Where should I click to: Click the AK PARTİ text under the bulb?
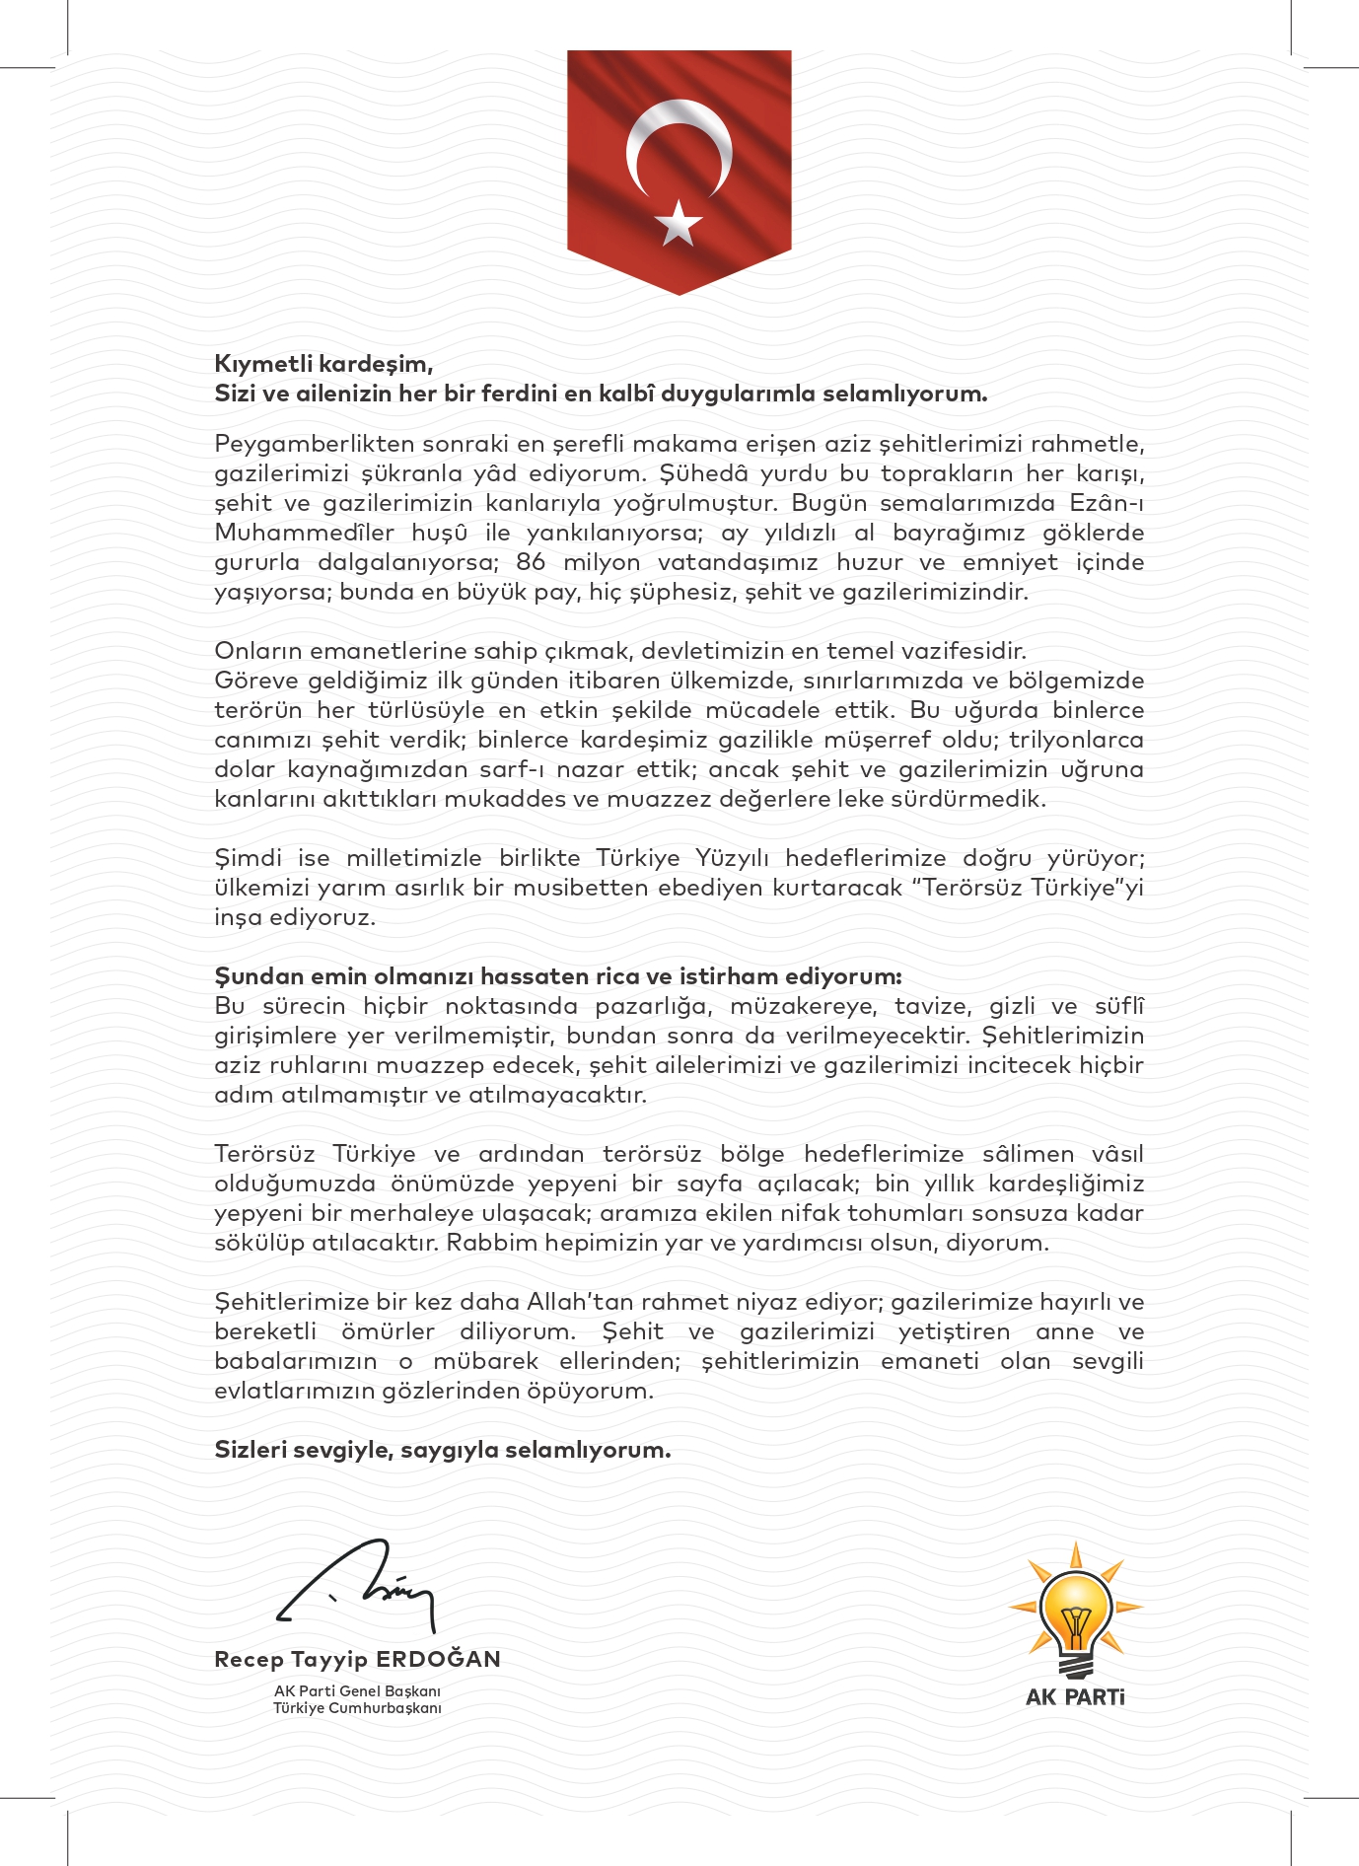1075,1697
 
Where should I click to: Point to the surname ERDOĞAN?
439,1659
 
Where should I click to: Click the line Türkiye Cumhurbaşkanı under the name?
357,1708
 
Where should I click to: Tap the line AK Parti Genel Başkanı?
357,1690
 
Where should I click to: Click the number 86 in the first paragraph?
531,562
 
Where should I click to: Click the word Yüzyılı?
732,858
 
